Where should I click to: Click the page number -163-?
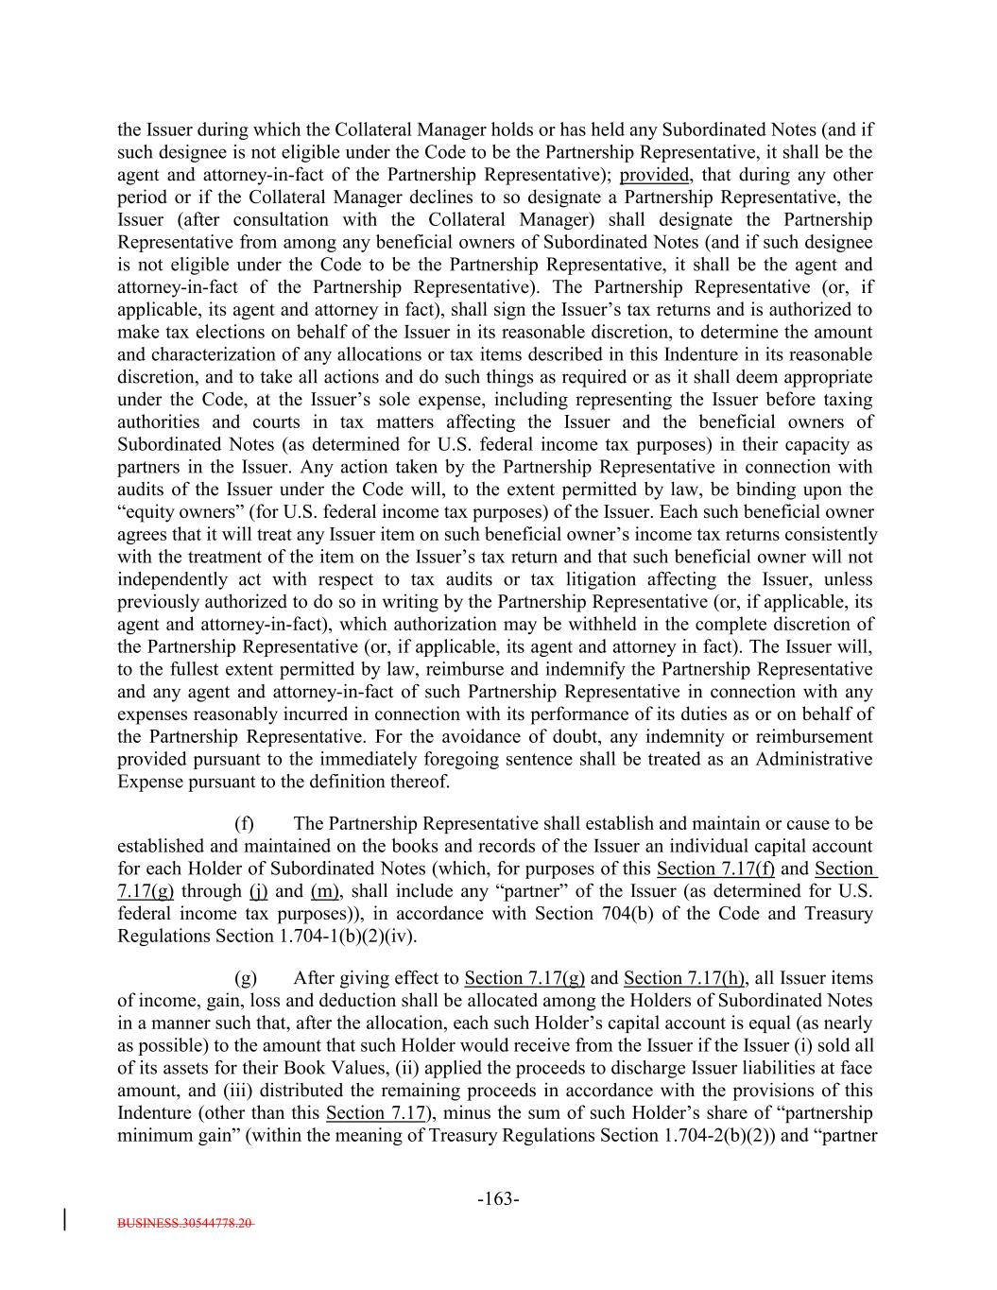pyautogui.click(x=498, y=1199)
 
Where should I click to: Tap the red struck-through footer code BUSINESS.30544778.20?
pyautogui.click(x=185, y=1223)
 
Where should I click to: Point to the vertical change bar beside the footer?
pyautogui.click(x=65, y=1216)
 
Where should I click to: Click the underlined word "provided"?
pyautogui.click(x=655, y=175)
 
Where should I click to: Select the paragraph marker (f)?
pyautogui.click(x=244, y=824)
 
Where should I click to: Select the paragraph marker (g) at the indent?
pyautogui.click(x=245, y=978)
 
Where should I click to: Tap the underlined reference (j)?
pyautogui.click(x=258, y=891)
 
